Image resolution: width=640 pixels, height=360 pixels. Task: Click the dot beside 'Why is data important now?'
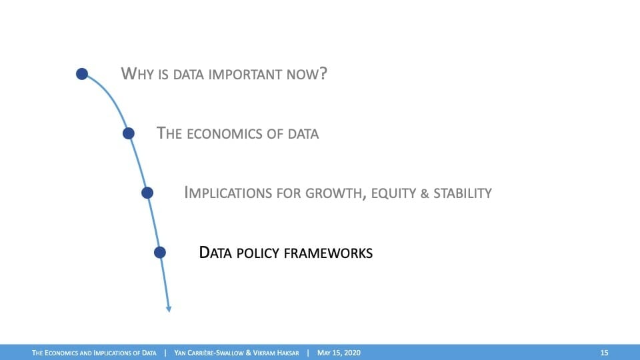[82, 74]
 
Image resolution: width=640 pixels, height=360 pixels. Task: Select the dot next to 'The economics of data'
[129, 133]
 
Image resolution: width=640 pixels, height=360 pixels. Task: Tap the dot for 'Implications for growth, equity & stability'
[147, 193]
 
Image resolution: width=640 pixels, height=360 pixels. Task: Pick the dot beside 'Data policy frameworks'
[160, 252]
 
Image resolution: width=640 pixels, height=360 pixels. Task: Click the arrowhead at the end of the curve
[169, 309]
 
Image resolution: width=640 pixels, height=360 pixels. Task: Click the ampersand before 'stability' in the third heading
[425, 193]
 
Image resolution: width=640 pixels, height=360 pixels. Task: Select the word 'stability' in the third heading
[463, 193]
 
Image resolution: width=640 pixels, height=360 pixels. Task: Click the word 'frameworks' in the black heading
[328, 253]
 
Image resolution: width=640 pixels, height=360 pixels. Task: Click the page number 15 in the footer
[604, 353]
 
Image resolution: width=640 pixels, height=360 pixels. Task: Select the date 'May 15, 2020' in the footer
[339, 353]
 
